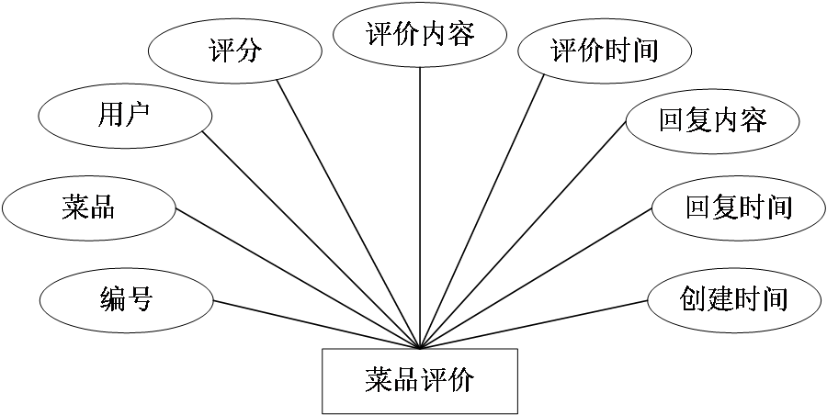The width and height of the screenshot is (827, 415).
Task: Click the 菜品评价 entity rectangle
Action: click(419, 380)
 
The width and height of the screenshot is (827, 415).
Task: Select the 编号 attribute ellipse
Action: click(126, 299)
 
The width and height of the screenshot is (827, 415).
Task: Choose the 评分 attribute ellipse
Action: click(235, 50)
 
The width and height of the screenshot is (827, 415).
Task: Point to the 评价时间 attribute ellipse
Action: click(605, 50)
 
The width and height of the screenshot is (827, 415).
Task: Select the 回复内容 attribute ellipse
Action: click(712, 120)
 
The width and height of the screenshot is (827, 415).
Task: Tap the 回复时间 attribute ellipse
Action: click(738, 208)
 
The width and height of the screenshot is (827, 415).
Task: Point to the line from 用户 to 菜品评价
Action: click(311, 241)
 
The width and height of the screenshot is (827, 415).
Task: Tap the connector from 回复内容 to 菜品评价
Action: click(522, 236)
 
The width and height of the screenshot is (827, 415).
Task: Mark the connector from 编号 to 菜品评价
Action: click(317, 324)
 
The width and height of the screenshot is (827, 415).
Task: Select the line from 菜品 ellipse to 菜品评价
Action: click(297, 279)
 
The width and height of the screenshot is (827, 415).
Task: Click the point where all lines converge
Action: click(420, 348)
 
